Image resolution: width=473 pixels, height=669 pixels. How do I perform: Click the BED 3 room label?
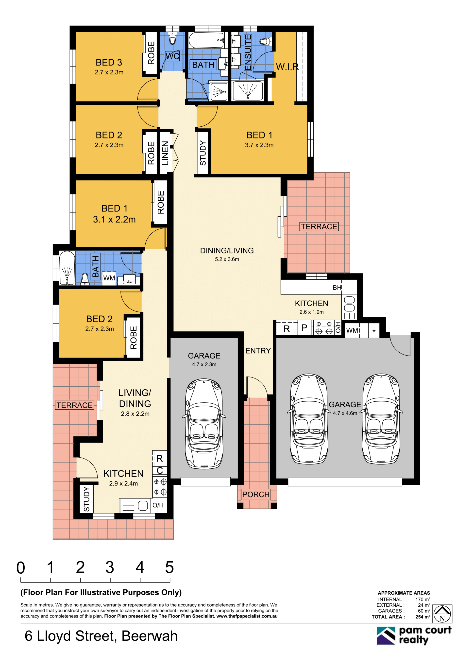(x=109, y=62)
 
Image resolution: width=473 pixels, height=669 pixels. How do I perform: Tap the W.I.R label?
(x=287, y=67)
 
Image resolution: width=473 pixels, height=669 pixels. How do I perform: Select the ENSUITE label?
(x=248, y=52)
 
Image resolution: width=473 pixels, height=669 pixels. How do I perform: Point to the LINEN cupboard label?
(x=165, y=153)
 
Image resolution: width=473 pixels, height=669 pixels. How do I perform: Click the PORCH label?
(x=256, y=495)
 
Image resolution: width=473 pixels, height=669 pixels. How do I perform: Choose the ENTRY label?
(x=258, y=351)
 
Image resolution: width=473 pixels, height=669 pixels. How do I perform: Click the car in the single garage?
(x=204, y=424)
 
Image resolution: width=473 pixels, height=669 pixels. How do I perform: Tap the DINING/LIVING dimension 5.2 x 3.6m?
(x=227, y=259)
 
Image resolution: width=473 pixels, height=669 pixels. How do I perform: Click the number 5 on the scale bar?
(x=169, y=567)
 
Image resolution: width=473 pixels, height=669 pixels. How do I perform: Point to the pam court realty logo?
(x=414, y=635)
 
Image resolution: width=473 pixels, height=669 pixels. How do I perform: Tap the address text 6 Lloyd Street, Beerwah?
(x=101, y=636)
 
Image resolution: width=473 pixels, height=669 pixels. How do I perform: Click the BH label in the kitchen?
(x=337, y=288)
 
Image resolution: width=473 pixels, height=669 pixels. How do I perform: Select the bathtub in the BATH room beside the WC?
(x=206, y=40)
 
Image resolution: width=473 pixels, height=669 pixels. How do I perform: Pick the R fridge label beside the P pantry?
(x=287, y=329)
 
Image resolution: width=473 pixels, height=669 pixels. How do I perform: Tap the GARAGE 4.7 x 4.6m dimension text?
(x=345, y=413)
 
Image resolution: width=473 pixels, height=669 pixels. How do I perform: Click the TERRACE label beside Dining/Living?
(x=319, y=226)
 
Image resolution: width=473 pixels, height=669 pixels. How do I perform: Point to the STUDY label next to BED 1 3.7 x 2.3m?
(x=203, y=153)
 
